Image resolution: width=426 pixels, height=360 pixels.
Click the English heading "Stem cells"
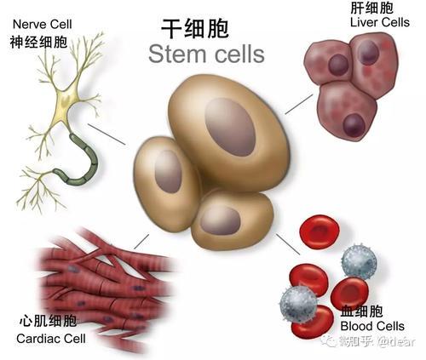pos(206,54)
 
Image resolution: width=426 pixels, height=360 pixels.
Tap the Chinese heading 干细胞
pos(195,29)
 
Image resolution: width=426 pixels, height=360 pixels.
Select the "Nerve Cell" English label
pos(43,25)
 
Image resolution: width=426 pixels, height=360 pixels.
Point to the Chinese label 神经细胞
pos(38,43)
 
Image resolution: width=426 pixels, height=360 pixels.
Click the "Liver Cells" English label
pos(380,22)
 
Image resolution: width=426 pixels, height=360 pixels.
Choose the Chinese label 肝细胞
pos(371,8)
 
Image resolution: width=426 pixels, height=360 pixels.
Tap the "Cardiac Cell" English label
pos(51,339)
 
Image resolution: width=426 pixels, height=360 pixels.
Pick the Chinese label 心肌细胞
pos(48,321)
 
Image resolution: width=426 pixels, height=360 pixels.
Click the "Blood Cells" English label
pos(372,326)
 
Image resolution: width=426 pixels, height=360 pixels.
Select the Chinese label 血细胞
pos(361,311)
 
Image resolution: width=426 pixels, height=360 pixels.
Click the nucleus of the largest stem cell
pos(230,127)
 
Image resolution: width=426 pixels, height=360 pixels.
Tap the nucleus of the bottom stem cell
pos(220,220)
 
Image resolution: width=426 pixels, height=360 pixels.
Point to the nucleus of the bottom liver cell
pos(354,125)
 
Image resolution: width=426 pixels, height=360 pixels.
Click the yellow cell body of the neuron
pos(66,101)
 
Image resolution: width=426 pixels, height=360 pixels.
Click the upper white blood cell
pos(359,261)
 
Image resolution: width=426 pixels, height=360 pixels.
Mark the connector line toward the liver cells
pos(299,104)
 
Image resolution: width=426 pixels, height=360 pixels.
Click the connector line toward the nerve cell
pos(106,134)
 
